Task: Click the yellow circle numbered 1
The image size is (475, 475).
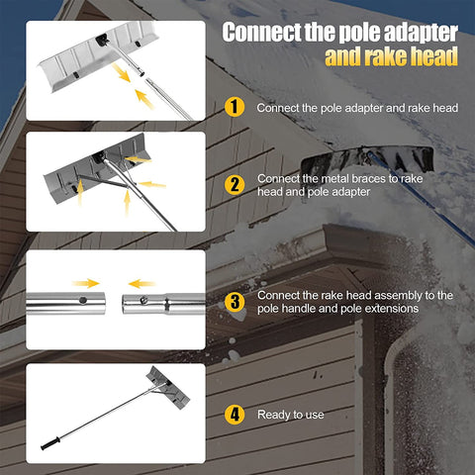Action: (235, 107)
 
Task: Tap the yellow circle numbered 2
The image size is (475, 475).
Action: (235, 184)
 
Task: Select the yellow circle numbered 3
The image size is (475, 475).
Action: (235, 302)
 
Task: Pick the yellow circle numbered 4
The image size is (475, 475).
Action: (235, 415)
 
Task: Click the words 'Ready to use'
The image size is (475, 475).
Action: (291, 415)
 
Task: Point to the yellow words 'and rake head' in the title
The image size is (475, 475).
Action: (391, 56)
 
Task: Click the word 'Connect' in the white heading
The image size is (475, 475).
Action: (261, 33)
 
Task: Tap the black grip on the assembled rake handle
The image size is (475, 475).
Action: (50, 443)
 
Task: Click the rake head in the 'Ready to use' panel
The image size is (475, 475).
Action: (168, 387)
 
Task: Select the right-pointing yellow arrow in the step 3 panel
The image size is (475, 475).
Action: (86, 283)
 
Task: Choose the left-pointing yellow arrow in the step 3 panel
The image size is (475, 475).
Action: (142, 284)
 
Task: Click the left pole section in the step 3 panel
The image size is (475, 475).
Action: (65, 303)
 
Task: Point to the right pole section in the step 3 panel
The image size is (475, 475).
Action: (164, 304)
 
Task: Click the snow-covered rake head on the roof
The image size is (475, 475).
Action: (368, 159)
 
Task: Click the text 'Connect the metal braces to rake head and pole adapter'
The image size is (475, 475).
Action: (339, 185)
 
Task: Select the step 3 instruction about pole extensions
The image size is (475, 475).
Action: (355, 302)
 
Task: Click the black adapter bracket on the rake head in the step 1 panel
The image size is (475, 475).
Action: (102, 40)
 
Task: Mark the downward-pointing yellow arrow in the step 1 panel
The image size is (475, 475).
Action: (121, 72)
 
